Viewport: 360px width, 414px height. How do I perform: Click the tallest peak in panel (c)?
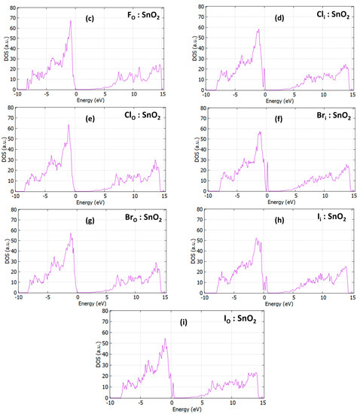click(x=71, y=21)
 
